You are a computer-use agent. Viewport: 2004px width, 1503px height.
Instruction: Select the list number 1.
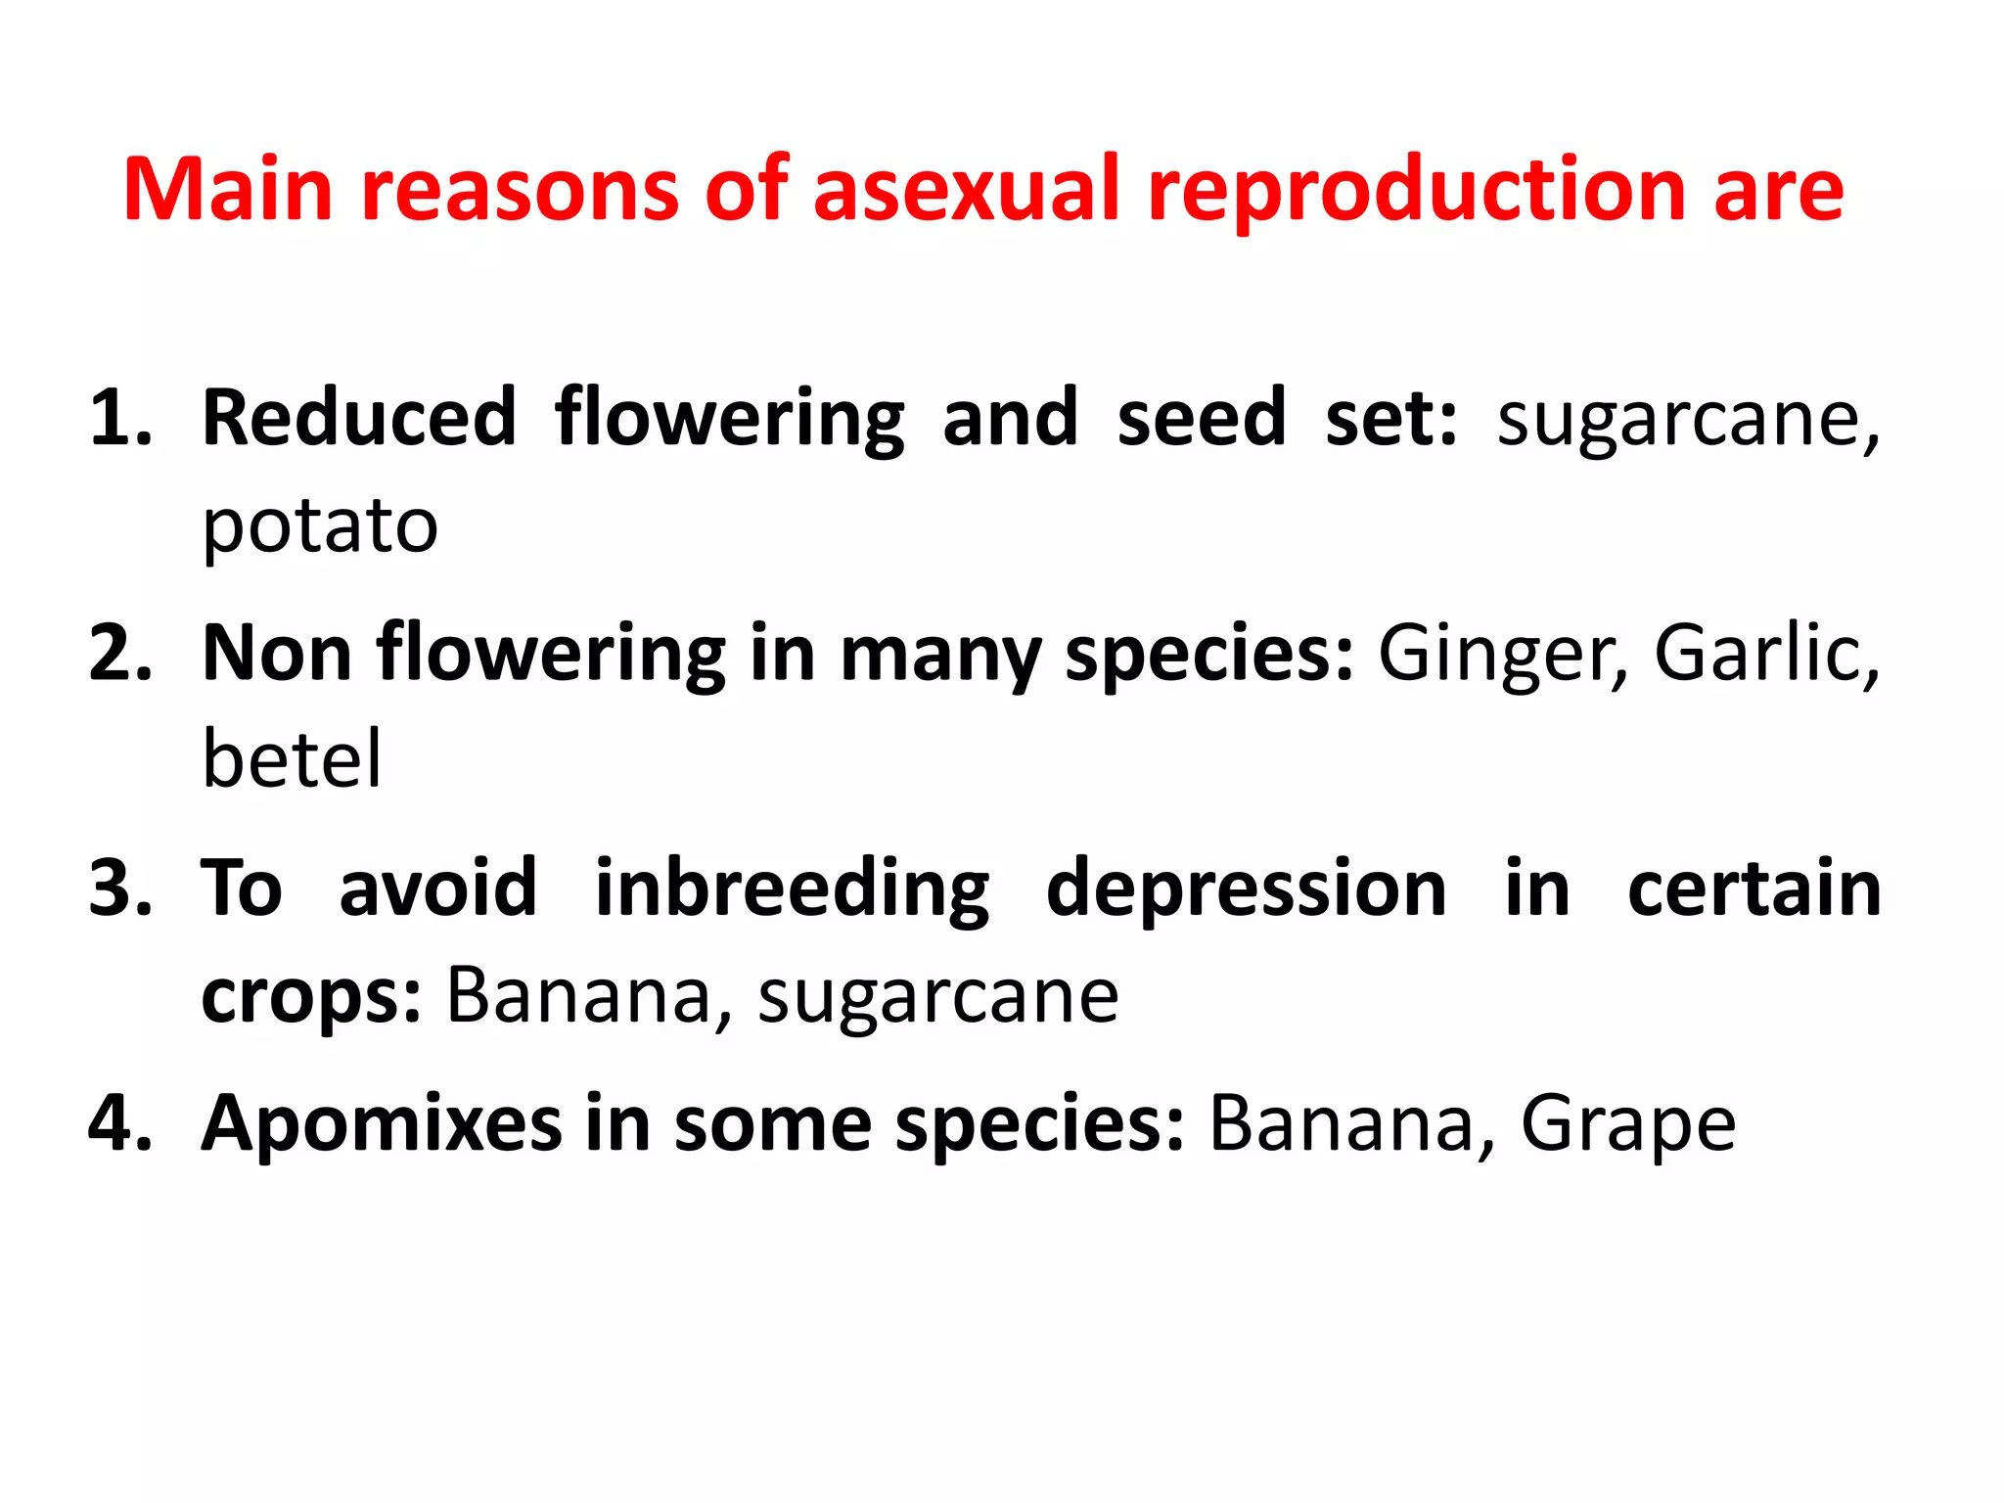pos(119,419)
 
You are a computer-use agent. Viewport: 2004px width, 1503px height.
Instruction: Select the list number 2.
pos(119,654)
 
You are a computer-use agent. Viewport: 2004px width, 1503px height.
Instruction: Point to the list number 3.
pos(119,888)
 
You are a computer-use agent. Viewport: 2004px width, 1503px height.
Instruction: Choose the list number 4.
pos(119,1123)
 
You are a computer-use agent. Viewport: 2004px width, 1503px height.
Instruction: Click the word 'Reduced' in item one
pos(358,419)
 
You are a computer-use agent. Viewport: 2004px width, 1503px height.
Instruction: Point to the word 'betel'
pos(292,759)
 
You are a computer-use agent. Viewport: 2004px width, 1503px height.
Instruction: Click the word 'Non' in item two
pos(276,654)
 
